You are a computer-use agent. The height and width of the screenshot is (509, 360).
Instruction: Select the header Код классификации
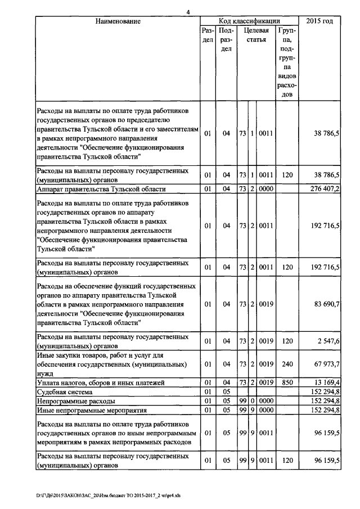tap(249, 21)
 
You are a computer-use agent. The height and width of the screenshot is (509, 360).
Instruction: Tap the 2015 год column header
tap(319, 21)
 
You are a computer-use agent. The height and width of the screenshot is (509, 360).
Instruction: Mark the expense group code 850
tap(287, 382)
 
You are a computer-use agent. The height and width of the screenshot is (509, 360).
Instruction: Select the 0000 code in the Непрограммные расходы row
tap(265, 401)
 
